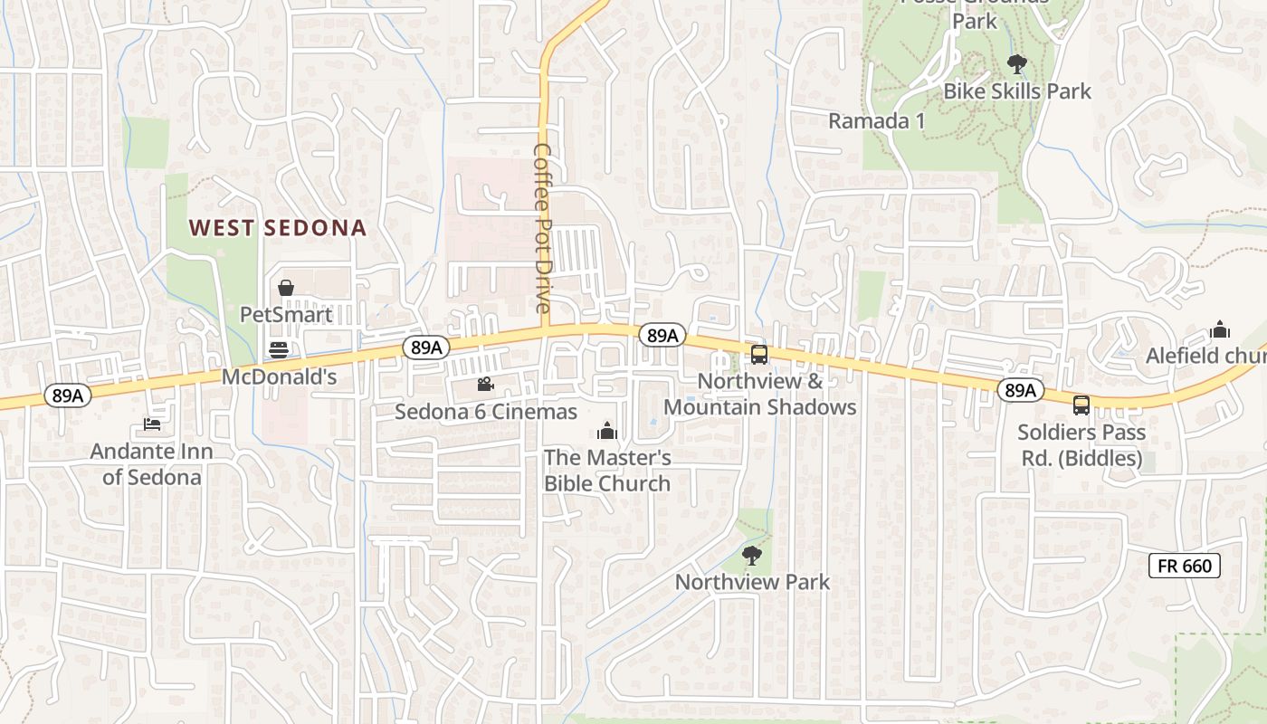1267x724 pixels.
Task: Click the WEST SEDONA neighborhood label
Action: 278,228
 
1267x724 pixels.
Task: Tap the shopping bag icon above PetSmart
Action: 286,288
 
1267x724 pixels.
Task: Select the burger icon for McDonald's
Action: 279,350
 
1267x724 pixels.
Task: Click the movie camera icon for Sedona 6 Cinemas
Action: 486,385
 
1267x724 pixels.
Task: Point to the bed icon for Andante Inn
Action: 151,424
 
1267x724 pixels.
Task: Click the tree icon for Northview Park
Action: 751,555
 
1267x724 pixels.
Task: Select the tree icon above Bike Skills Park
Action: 1017,63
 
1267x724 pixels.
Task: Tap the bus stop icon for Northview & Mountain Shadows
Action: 759,354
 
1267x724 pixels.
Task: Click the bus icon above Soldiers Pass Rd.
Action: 1081,405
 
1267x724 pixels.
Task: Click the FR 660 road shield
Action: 1185,567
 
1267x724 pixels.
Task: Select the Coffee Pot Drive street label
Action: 543,228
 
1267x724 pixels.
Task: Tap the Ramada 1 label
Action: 877,120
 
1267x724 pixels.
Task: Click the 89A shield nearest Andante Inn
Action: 67,395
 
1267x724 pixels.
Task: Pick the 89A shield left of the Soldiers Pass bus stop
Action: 1020,390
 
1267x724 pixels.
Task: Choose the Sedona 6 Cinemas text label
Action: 486,413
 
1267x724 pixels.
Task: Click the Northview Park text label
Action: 752,582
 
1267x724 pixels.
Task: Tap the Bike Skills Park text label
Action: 1017,91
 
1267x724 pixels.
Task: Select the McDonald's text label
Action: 280,376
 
